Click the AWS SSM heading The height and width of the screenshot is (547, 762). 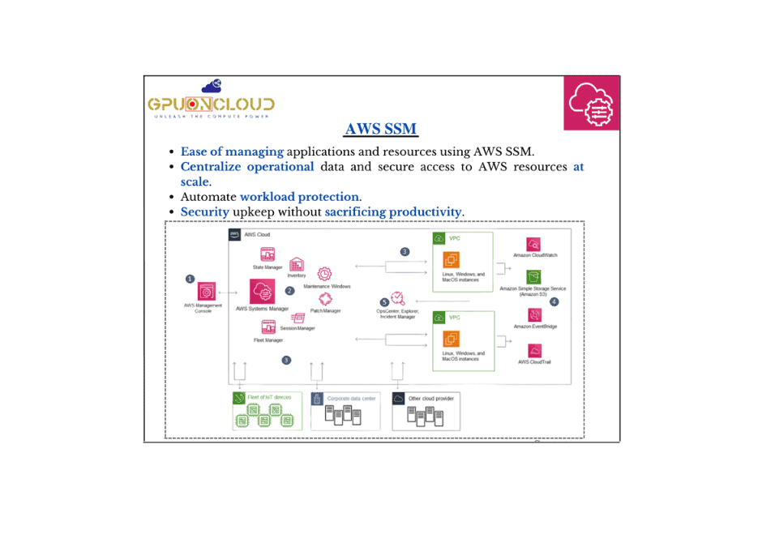point(381,130)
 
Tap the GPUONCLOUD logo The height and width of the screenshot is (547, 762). point(212,100)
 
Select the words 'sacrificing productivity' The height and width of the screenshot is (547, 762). point(393,212)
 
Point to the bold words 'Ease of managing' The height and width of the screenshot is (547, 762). point(232,152)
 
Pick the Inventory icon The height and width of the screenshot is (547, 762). point(297,264)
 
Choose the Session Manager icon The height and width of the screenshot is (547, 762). point(298,318)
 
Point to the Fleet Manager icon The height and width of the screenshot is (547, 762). point(268,327)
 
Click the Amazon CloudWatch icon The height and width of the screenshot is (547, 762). point(534,243)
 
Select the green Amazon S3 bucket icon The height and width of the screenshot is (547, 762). point(533,276)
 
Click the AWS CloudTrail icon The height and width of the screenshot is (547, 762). point(535,350)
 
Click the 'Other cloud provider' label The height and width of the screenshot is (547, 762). point(431,399)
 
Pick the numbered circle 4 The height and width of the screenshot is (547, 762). point(554,301)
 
